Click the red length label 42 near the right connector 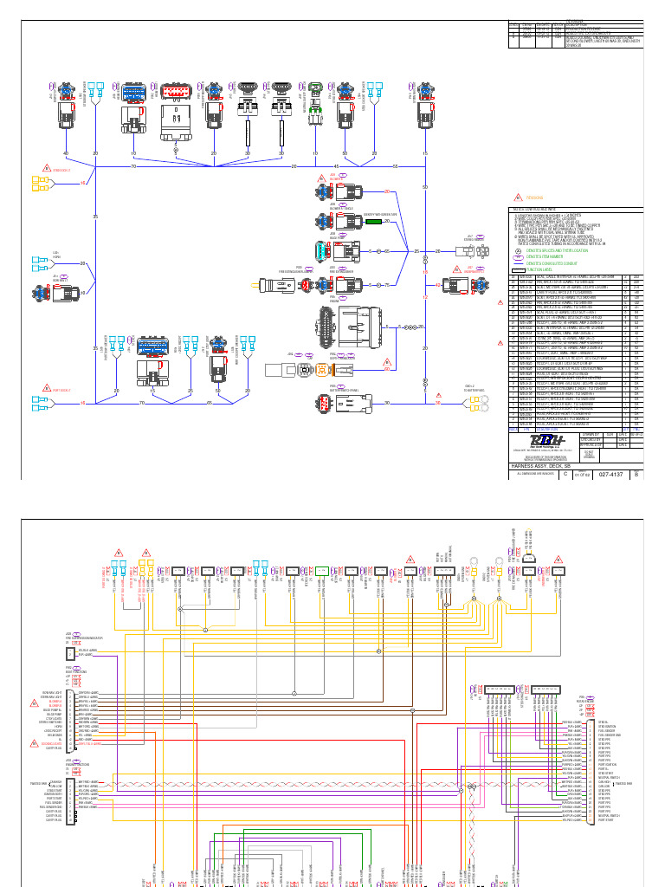point(425,283)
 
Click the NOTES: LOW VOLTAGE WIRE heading point(537,209)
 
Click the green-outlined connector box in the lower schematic point(321,571)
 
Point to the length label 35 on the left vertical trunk point(95,217)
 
